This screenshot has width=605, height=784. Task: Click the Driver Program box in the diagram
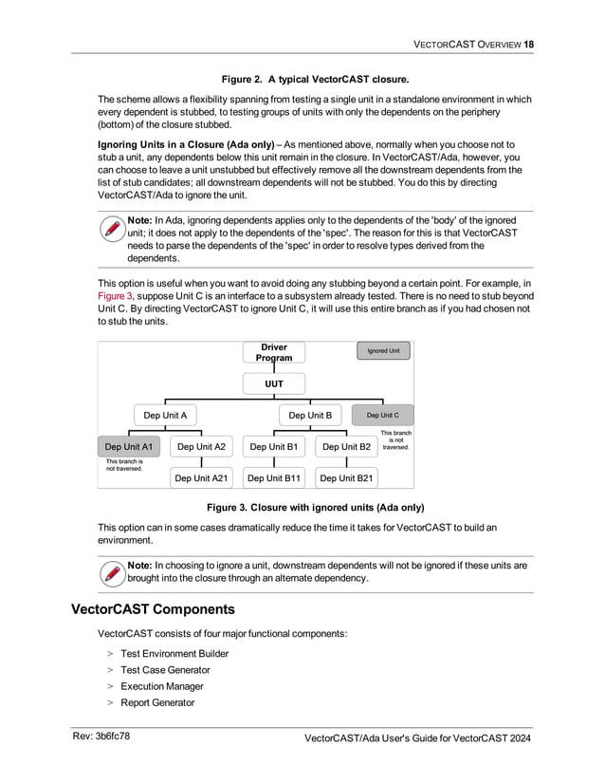click(x=274, y=352)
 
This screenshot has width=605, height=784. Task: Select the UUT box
click(x=274, y=383)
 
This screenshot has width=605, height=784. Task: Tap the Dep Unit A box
click(x=164, y=415)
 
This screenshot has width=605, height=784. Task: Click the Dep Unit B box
click(x=310, y=415)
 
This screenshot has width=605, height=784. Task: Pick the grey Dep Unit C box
click(x=382, y=415)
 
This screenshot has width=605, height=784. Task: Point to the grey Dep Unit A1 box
click(x=129, y=446)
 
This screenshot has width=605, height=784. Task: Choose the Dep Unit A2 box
click(x=201, y=446)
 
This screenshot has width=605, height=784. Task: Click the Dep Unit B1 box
click(x=273, y=446)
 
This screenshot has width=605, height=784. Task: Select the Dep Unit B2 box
click(x=346, y=446)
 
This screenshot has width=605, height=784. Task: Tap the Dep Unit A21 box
click(x=201, y=478)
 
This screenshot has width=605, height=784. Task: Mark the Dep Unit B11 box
click(x=273, y=478)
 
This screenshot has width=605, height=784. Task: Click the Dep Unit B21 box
click(x=346, y=478)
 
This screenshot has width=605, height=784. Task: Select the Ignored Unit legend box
click(x=383, y=351)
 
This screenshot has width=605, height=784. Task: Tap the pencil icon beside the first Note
click(x=112, y=231)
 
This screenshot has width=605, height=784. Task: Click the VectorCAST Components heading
click(x=153, y=608)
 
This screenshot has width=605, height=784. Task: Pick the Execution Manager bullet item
click(x=161, y=686)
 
